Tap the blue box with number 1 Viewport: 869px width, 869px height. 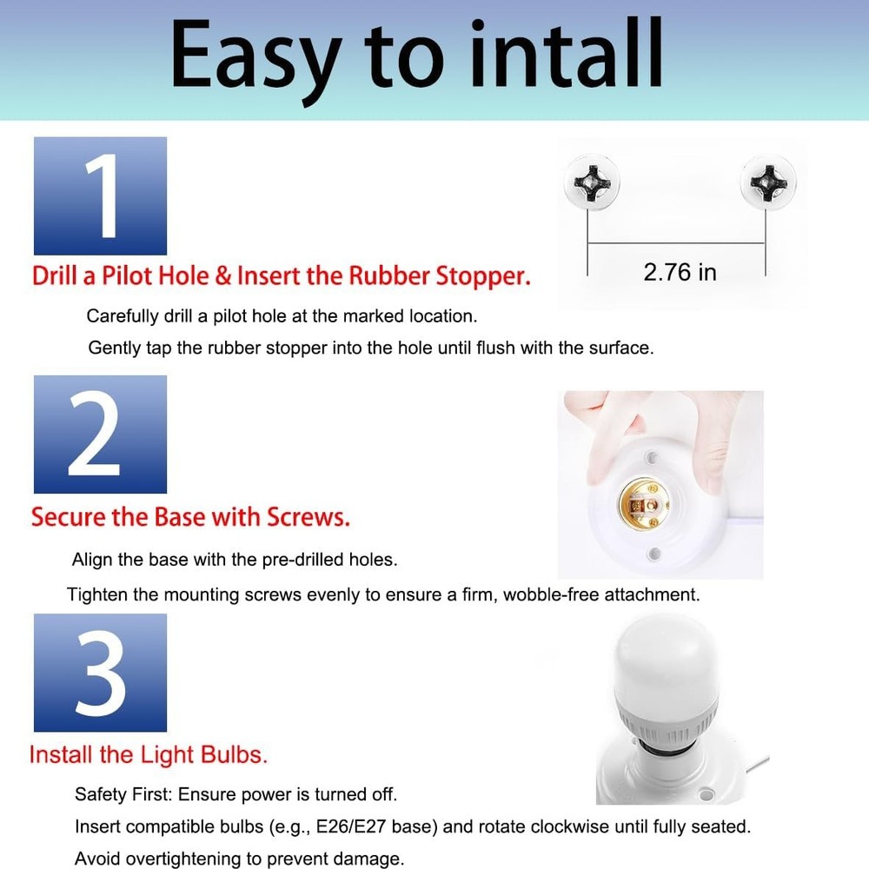coord(100,196)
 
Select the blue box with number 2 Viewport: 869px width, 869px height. coord(100,434)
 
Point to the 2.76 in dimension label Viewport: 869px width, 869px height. coord(680,272)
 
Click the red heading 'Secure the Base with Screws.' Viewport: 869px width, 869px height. coord(191,517)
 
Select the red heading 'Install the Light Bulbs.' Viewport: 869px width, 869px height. coord(149,754)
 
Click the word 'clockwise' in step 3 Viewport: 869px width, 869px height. coord(571,826)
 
